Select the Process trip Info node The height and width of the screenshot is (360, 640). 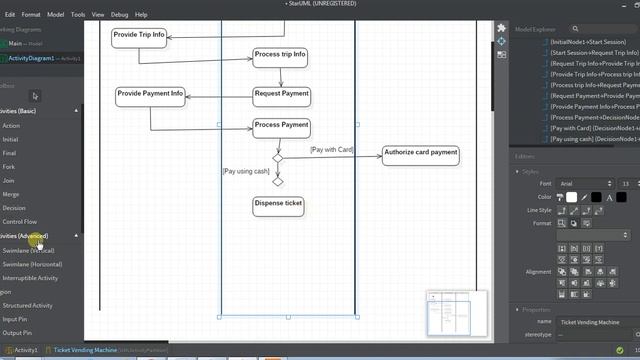click(279, 55)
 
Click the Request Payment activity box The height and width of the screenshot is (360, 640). click(281, 95)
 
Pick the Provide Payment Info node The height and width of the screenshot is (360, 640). click(150, 96)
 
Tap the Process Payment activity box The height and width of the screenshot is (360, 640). click(281, 127)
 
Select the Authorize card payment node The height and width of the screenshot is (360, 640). click(420, 155)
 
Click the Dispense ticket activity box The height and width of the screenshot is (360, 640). click(278, 205)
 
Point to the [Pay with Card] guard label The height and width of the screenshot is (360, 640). click(331, 150)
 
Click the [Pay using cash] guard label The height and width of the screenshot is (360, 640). click(245, 171)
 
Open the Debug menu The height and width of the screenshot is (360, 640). click(120, 15)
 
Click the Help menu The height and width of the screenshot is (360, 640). click(141, 15)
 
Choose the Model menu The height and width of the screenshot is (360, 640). click(56, 15)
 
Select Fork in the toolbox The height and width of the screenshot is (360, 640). click(9, 167)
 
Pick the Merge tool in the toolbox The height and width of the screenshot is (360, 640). click(11, 194)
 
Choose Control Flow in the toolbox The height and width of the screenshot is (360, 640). click(20, 222)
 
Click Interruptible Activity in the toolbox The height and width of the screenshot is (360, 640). click(30, 278)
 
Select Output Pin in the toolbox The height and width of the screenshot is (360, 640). click(17, 333)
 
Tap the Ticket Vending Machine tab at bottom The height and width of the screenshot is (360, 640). click(85, 351)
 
